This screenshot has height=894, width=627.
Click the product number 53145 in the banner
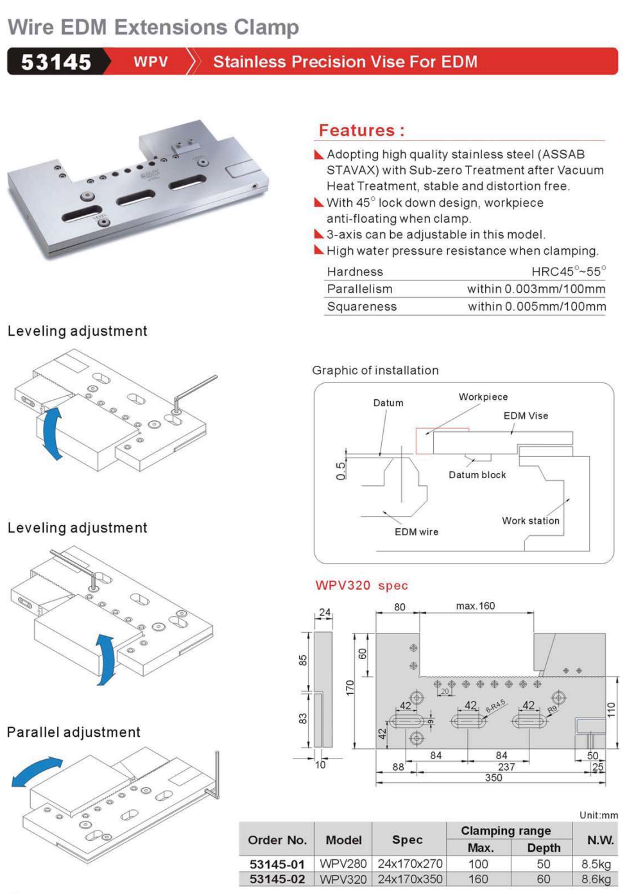click(56, 62)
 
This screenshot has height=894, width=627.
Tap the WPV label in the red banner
click(151, 62)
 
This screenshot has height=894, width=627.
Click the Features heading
click(361, 130)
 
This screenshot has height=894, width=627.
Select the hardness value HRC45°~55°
click(568, 271)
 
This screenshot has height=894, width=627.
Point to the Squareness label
click(362, 307)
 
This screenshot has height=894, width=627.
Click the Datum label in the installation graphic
click(388, 403)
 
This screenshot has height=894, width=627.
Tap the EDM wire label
click(417, 532)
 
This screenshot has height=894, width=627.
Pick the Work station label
click(531, 520)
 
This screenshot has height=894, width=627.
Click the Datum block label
click(477, 475)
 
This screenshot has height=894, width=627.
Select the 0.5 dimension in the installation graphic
click(341, 470)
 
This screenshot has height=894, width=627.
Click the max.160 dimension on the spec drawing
click(475, 606)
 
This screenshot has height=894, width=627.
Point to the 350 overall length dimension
click(494, 778)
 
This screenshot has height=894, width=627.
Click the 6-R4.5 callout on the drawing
click(495, 706)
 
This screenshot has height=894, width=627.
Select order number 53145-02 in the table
click(277, 879)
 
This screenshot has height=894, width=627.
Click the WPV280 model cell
click(343, 864)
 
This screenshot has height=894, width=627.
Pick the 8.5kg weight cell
click(596, 864)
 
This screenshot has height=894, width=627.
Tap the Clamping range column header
click(506, 830)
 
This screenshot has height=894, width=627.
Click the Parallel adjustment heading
click(74, 732)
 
